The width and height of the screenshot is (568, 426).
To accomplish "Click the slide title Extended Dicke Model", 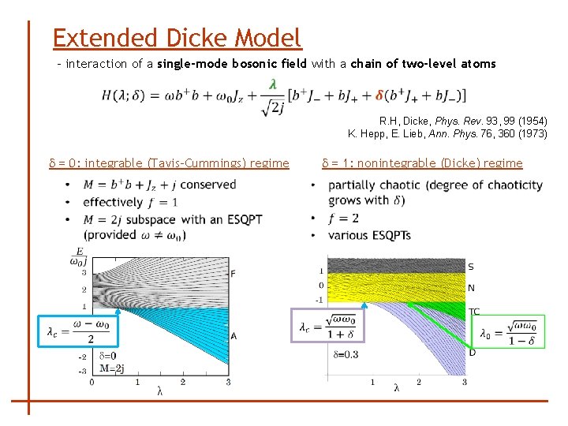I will pos(177,37).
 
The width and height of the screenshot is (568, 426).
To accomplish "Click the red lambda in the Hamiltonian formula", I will pos(272,83).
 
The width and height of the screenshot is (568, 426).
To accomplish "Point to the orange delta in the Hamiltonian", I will pos(380,95).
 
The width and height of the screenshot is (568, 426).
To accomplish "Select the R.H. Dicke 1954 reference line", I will pos(462,121).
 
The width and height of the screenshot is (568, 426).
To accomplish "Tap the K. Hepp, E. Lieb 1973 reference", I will pos(447,133).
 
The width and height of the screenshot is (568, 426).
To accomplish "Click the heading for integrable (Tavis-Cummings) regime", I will pos(169,163).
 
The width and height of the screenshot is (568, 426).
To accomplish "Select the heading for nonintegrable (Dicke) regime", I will pos(422,163).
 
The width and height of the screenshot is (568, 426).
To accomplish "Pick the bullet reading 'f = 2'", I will pos(343,219).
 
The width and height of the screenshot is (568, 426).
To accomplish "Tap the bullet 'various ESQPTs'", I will pos(369,235).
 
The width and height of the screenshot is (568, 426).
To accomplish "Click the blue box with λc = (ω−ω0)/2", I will pos(79,331).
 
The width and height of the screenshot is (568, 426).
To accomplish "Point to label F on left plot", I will pos(232,274).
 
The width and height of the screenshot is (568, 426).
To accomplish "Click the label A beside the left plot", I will pos(234,336).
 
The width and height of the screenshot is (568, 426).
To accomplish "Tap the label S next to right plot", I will pos(471,267).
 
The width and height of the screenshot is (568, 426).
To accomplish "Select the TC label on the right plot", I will pos(474,312).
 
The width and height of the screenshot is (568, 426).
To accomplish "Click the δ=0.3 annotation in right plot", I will pos(346,355).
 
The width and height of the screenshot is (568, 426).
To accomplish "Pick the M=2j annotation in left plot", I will pos(112,368).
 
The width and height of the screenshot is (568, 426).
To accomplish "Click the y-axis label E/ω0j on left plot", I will pos(78,256).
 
